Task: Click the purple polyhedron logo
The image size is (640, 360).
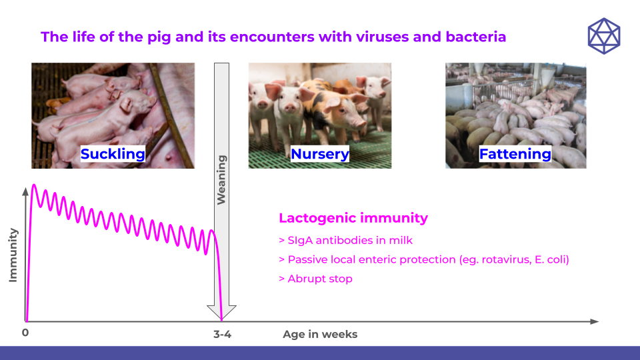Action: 603,36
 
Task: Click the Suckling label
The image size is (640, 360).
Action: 113,154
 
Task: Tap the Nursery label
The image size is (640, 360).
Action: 319,154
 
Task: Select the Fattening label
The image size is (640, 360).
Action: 515,154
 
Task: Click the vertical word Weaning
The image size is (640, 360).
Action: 221,179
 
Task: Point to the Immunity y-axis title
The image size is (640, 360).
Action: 13,255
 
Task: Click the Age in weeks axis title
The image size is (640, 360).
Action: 320,334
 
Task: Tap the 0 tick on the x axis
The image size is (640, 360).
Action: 25,333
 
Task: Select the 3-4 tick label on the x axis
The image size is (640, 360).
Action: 222,334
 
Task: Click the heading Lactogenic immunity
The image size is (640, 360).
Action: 353,218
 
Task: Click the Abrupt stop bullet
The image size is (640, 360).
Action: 315,279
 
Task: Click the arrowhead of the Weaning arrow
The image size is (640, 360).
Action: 222,312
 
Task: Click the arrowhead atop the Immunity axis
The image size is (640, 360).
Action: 26,191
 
